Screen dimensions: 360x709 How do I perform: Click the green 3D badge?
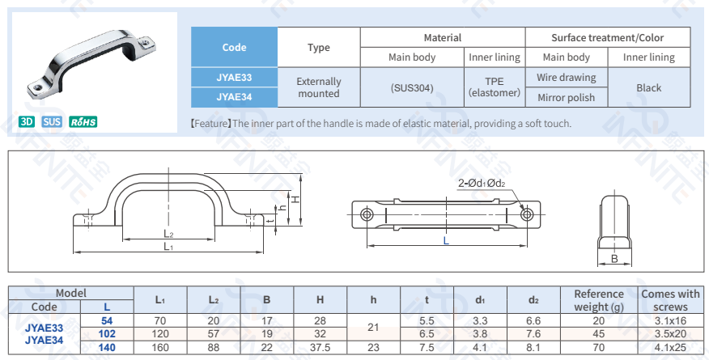[27, 122]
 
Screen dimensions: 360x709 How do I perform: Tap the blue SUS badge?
[52, 122]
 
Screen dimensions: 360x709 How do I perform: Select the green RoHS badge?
[83, 122]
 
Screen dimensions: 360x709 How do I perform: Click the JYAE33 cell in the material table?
[234, 78]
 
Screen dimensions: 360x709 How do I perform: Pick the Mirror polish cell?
[566, 97]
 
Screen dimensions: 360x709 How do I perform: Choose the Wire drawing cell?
[566, 78]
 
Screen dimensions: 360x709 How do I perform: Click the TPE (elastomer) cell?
[494, 87]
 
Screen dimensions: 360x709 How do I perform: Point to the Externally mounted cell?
[318, 87]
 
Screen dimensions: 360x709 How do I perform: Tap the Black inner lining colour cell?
[648, 87]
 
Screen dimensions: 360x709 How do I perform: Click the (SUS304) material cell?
[412, 87]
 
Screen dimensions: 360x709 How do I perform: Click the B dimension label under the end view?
[614, 259]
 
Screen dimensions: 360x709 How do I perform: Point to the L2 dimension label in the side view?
[168, 234]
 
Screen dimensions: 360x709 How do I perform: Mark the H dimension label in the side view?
[296, 199]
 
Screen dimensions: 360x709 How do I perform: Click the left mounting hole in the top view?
[367, 214]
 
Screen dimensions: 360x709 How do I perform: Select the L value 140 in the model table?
[107, 347]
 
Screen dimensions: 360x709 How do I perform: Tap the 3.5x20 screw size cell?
[670, 333]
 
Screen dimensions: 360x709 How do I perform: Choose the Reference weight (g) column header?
[598, 300]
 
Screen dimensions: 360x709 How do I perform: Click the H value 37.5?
[320, 347]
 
